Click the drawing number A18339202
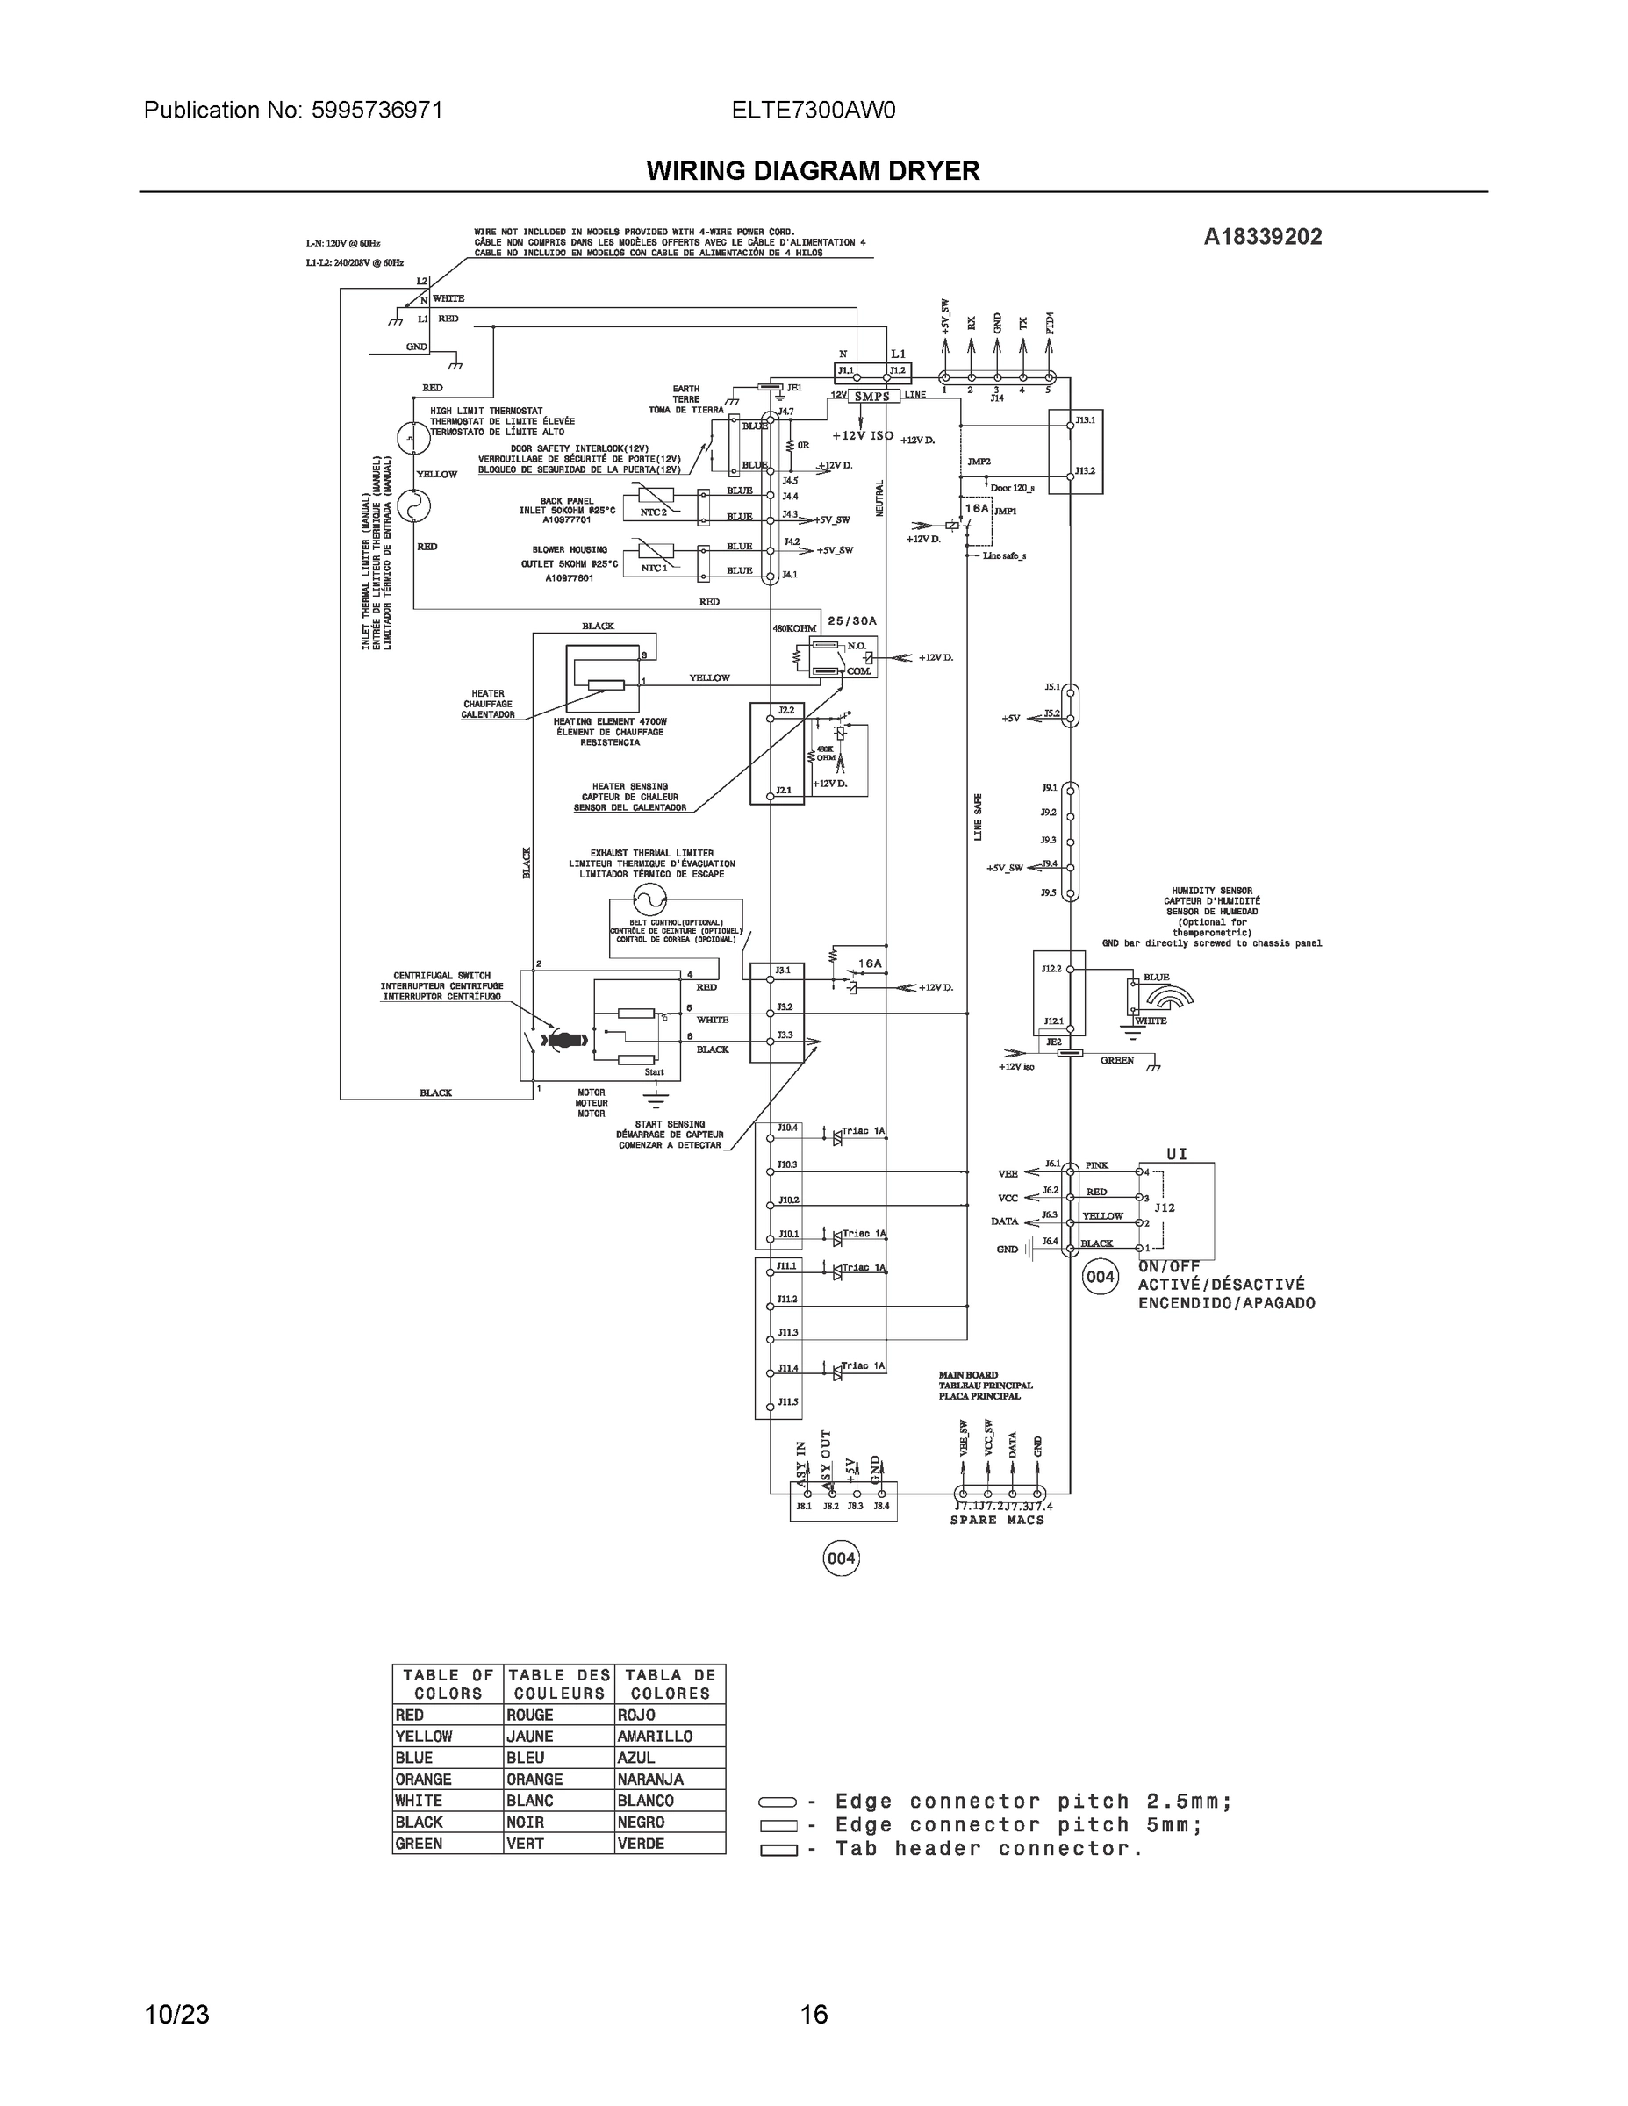[x=1263, y=236]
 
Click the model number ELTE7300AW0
[x=813, y=110]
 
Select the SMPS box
[x=871, y=397]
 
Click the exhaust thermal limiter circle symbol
[x=649, y=899]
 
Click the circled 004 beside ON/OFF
[x=1100, y=1278]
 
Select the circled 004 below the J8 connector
[x=840, y=1558]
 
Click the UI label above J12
[x=1177, y=1153]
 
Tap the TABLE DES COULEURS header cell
[x=558, y=1685]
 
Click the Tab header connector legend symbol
[x=778, y=1850]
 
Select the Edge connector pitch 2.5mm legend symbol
[x=778, y=1802]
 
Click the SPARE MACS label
[x=996, y=1520]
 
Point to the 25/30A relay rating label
[x=851, y=621]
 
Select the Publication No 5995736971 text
[x=293, y=110]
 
